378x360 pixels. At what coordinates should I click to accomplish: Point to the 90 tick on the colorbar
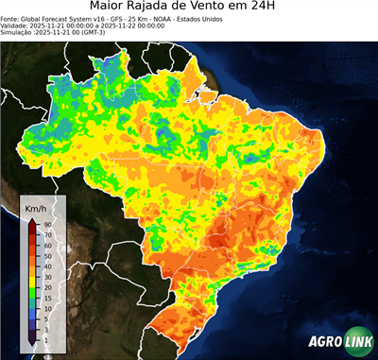[47, 224]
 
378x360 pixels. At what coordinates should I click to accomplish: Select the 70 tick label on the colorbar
[47, 234]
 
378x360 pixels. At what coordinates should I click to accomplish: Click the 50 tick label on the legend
[47, 255]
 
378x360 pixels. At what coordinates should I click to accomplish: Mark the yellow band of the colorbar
[32, 271]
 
